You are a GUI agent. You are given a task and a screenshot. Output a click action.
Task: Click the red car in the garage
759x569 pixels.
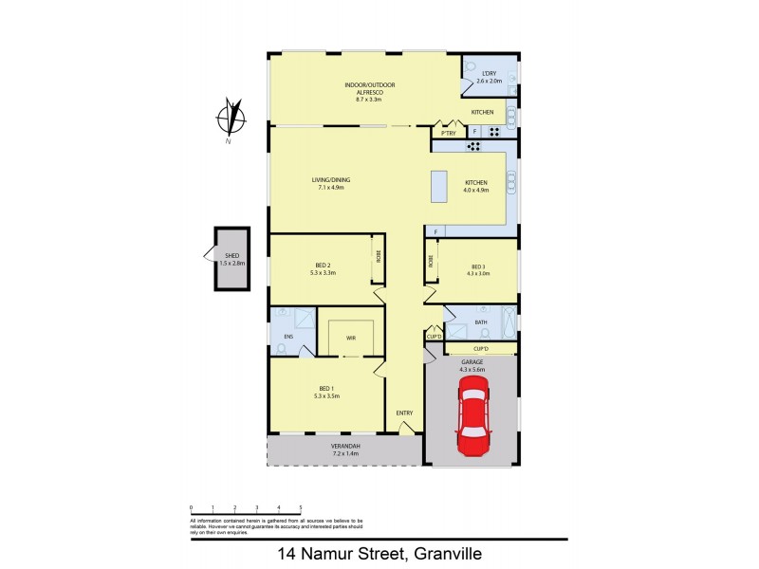tap(472, 415)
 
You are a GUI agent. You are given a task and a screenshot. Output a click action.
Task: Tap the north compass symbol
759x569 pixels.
tap(229, 119)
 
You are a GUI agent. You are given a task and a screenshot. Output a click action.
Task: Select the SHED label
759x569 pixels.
tap(231, 256)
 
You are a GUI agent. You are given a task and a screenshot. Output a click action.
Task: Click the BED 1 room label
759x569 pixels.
tap(326, 389)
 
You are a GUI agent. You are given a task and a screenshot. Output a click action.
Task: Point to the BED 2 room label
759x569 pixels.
tap(325, 267)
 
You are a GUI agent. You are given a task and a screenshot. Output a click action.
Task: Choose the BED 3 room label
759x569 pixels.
tap(477, 267)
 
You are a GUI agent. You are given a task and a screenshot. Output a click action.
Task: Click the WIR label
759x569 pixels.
tap(350, 337)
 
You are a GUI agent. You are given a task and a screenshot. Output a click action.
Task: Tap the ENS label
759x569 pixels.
tap(287, 337)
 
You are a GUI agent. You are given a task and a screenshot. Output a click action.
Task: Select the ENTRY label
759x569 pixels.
tap(405, 413)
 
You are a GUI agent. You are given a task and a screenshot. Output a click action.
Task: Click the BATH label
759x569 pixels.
tap(481, 322)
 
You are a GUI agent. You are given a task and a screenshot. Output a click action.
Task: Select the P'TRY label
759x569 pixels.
tap(449, 134)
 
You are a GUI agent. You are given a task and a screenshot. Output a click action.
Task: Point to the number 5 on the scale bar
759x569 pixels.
tap(301, 508)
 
